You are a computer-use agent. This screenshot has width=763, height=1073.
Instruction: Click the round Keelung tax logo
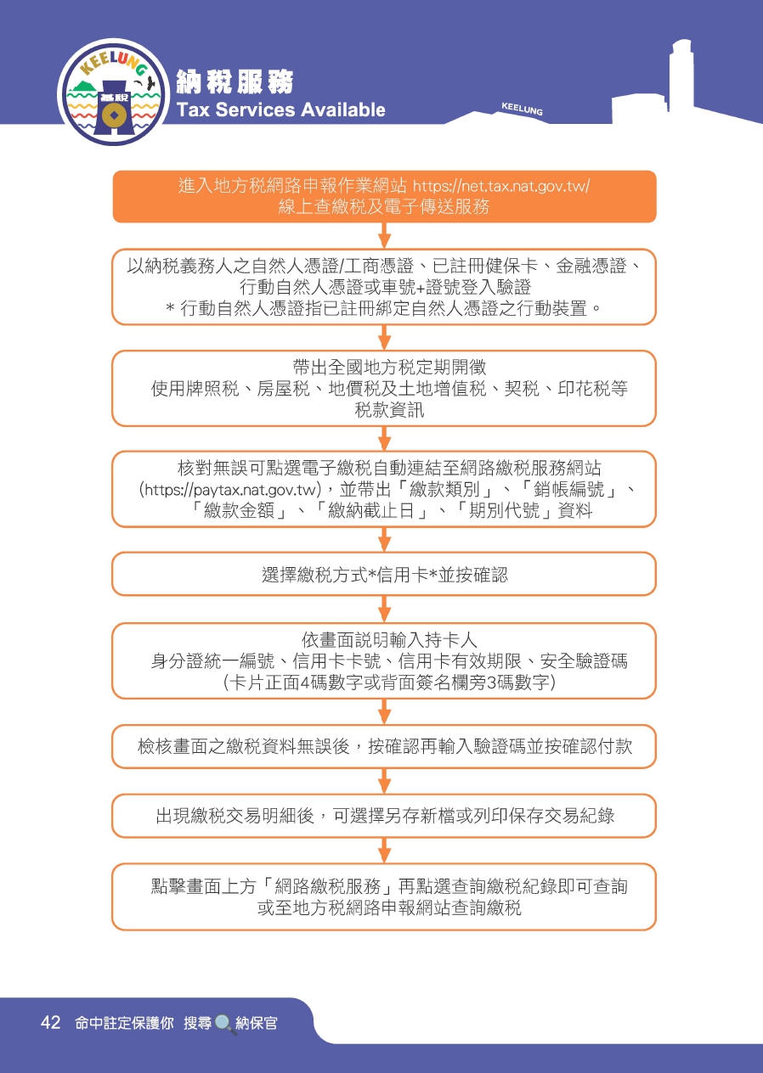point(114,92)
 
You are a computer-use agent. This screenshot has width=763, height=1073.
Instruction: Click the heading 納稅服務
point(235,81)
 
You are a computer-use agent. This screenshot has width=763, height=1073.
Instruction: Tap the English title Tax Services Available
point(281,110)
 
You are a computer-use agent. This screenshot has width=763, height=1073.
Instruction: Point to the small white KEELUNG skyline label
point(522,110)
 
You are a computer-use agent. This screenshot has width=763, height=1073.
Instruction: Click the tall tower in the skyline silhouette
point(681,76)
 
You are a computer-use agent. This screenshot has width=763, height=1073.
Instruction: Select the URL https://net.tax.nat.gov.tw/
point(501,185)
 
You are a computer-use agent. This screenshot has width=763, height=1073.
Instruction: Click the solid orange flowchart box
point(384,196)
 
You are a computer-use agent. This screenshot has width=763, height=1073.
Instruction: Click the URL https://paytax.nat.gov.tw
point(230,490)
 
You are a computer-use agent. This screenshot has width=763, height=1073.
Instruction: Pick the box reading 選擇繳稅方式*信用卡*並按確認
point(384,574)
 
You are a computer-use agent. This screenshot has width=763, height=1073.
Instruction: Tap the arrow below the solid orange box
point(384,236)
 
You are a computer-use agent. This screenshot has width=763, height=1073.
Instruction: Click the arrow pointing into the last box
point(384,851)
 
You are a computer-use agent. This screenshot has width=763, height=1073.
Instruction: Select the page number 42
point(50,1023)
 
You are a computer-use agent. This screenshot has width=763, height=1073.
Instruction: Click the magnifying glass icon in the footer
point(225,1024)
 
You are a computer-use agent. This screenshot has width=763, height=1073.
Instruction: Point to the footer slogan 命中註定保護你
point(124,1023)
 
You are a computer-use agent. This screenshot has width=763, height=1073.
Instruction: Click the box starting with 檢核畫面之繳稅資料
point(384,746)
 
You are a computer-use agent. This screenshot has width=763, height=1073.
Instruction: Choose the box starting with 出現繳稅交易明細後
point(384,815)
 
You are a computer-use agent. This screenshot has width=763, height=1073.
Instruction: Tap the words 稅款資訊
point(389,410)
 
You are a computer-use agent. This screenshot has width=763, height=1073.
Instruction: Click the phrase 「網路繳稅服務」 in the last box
point(329,886)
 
